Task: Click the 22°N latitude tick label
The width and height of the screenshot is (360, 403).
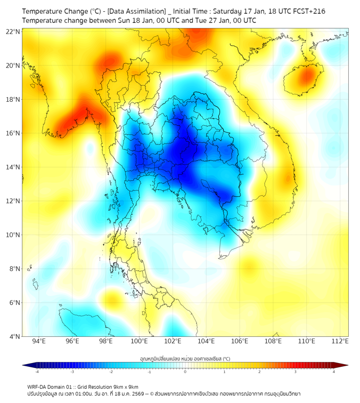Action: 13,31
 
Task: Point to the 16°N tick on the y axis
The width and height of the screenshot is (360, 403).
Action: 13,133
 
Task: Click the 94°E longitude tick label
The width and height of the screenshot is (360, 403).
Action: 39,342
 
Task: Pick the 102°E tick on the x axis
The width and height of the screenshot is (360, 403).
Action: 173,342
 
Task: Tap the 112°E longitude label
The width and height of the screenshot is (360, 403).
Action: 340,342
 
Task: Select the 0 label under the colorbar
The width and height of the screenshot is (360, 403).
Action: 185,372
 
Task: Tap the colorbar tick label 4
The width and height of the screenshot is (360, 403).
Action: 334,372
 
